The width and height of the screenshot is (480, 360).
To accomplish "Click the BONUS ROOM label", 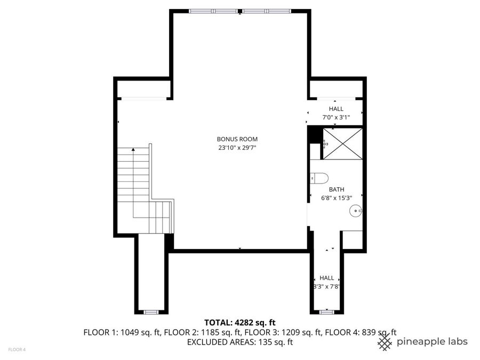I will point(239,139).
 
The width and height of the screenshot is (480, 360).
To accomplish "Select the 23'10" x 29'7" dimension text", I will point(239,148).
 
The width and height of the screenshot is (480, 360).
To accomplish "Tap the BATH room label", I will point(336,189).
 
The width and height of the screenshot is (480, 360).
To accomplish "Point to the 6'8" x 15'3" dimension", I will point(336,198).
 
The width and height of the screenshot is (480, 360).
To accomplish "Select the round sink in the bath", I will point(355,212).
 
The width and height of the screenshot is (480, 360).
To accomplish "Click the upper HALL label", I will point(336,109).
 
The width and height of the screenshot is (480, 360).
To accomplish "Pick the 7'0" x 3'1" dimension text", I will point(336,117).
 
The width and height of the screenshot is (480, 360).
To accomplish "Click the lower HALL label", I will point(327,278).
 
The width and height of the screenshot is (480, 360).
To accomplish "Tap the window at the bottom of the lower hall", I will point(327,311).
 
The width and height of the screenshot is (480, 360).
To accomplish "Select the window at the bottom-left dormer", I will point(151,311).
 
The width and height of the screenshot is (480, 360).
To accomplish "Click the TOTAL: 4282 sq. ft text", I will point(239,322).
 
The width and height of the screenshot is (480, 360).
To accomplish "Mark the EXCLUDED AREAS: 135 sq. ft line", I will point(239,341).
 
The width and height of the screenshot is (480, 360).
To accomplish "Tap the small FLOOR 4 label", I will point(16,350).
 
